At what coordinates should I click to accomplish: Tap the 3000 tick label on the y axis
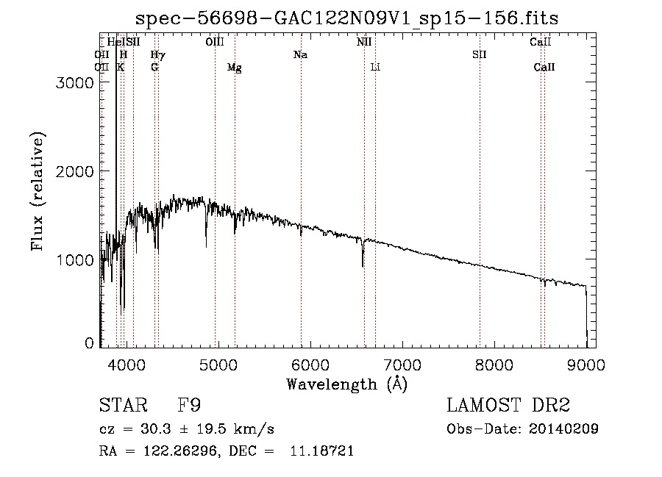[x=74, y=83]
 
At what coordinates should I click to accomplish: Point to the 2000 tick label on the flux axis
[x=74, y=171]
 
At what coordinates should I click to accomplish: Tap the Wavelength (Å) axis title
[x=346, y=384]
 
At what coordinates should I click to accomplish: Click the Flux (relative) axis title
[x=38, y=190]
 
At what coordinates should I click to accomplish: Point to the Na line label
[x=300, y=54]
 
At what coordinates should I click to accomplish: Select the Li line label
[x=375, y=67]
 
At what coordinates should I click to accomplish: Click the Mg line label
[x=235, y=68]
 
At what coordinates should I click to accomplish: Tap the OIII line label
[x=214, y=42]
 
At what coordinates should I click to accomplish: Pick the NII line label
[x=364, y=42]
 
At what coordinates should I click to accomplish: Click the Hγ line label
[x=157, y=54]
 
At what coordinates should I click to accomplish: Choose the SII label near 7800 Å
[x=480, y=54]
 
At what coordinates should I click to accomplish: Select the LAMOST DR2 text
[x=508, y=406]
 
